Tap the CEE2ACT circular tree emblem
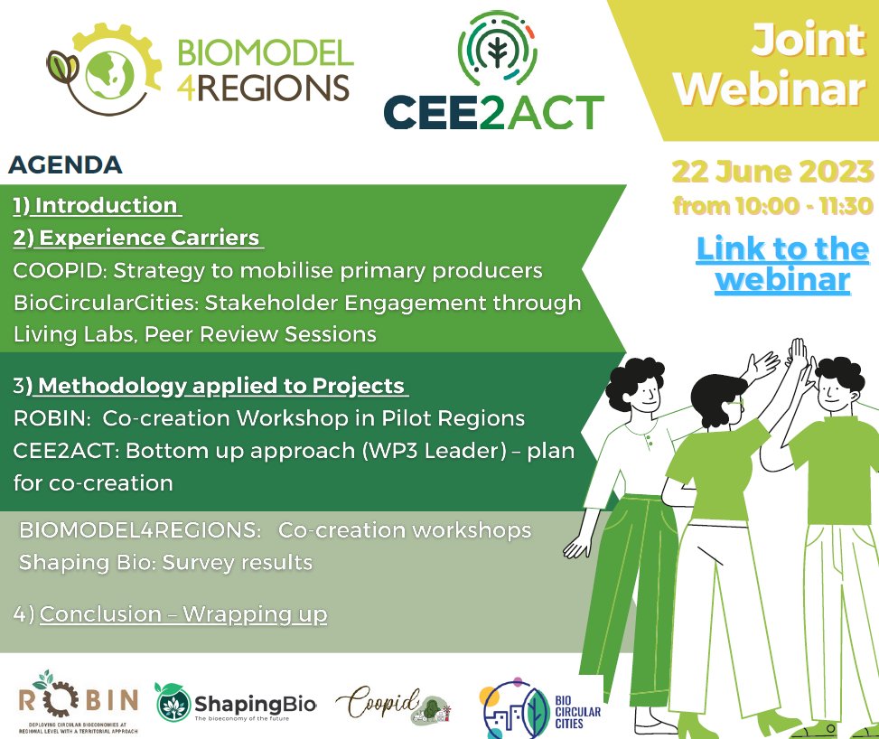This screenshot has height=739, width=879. tap(493, 45)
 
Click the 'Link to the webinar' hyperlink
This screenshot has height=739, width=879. tap(782, 264)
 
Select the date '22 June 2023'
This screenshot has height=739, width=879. tap(772, 171)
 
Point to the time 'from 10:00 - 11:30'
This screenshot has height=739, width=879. tap(772, 206)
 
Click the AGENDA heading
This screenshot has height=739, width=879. tap(65, 165)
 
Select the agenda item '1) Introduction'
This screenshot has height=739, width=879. tap(97, 206)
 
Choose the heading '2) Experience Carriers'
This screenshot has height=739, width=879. tap(137, 239)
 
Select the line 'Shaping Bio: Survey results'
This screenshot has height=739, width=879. tap(165, 562)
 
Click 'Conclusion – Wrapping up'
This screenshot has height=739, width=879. tap(183, 615)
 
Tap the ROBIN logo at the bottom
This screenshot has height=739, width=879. tap(79, 702)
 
